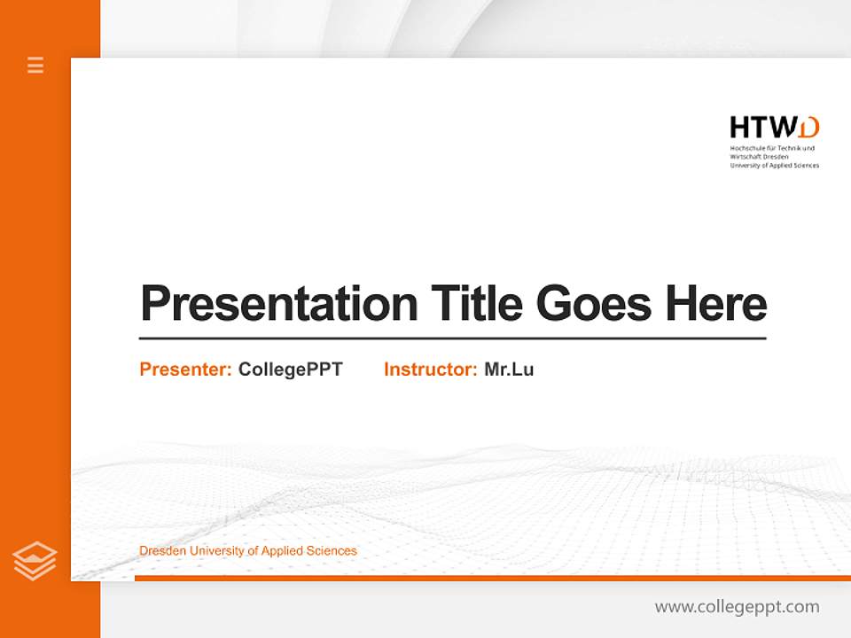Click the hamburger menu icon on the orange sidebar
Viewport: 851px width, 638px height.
point(35,65)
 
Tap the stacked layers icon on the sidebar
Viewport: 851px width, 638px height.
point(35,560)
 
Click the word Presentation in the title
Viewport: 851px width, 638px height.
point(278,304)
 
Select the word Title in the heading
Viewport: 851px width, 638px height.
point(477,304)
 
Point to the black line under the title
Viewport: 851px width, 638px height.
point(452,338)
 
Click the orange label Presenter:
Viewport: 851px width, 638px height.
point(185,370)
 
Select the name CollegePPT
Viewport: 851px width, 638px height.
point(290,370)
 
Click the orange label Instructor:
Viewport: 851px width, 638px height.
point(430,370)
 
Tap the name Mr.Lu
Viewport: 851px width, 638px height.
point(509,370)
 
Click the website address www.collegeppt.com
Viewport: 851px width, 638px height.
point(737,607)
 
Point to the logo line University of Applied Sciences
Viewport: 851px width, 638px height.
point(774,165)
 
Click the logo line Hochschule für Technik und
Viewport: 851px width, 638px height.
point(771,147)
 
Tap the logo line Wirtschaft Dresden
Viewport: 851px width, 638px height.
point(760,156)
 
